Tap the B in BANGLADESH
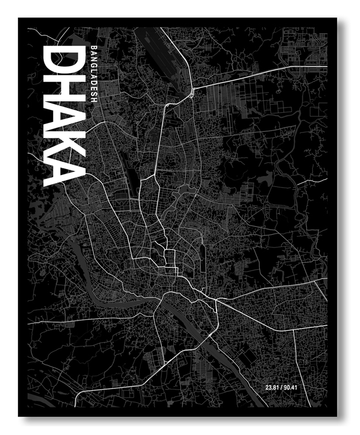click(94, 48)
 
